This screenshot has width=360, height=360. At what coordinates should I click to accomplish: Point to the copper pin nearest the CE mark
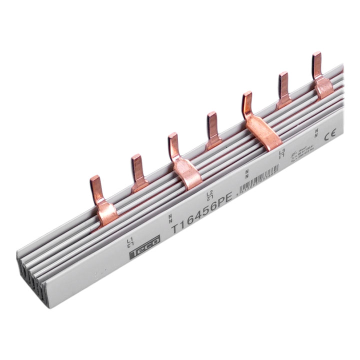(316, 62)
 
